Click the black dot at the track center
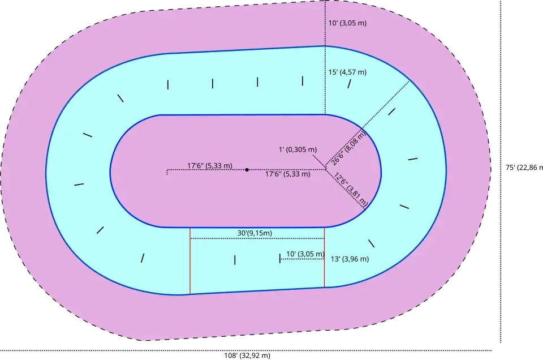click(247, 169)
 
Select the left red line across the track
click(190, 260)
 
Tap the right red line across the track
click(325, 258)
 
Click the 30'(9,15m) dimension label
click(255, 233)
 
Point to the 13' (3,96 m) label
click(350, 259)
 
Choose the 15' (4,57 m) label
click(347, 72)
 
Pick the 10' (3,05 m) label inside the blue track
click(305, 254)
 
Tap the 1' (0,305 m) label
click(298, 149)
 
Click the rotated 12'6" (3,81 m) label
click(351, 189)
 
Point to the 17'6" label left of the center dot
click(210, 166)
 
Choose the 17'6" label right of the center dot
click(288, 174)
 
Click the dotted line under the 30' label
click(257, 239)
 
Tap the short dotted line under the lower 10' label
click(303, 259)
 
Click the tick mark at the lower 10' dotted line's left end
click(280, 258)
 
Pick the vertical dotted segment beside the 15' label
click(325, 85)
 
